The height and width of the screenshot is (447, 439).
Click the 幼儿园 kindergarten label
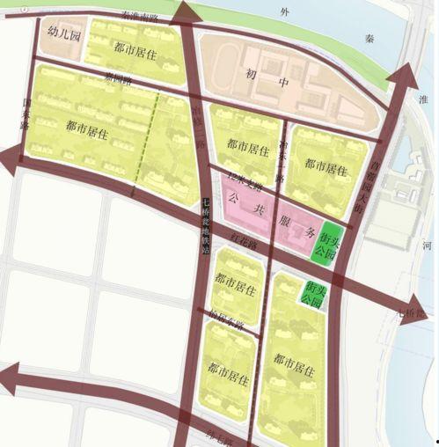(x=64, y=37)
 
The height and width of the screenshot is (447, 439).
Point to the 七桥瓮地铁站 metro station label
(x=205, y=224)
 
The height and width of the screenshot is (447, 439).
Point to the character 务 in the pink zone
(x=310, y=234)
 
